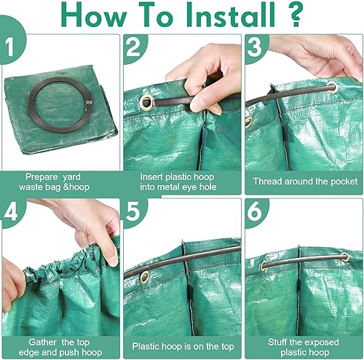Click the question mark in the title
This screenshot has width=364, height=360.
295,15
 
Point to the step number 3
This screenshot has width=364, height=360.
255,47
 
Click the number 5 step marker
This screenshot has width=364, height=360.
133,211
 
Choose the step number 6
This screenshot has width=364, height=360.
255,211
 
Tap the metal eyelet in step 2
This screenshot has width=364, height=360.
146,102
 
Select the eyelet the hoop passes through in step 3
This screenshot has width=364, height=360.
332,87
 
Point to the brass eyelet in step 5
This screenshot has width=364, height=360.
145,277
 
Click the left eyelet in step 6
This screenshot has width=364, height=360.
264,266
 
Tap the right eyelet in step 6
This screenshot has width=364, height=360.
346,257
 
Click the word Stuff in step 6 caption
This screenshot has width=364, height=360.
277,343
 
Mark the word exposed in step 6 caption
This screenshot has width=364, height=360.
321,343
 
